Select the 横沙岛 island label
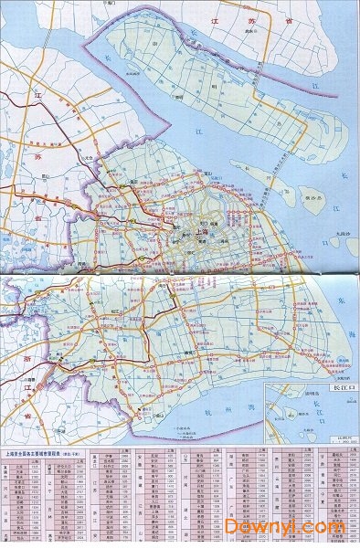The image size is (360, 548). click(313, 196)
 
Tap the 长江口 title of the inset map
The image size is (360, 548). click(338, 388)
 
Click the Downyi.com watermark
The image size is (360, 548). click(302, 528)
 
